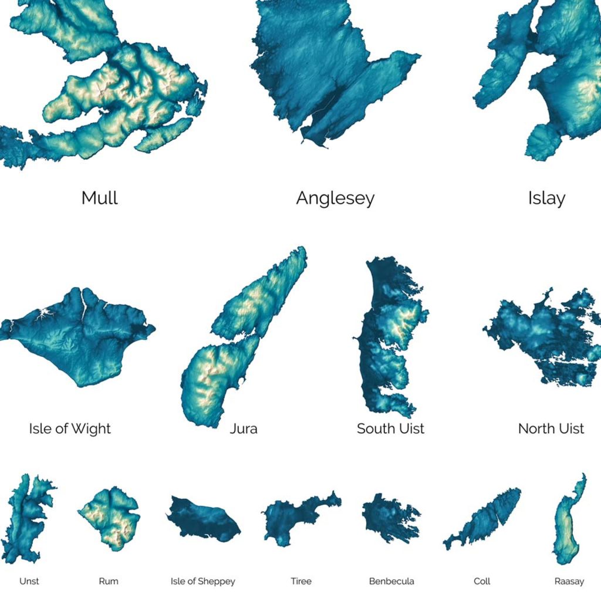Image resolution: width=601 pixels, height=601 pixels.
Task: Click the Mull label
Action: coord(100,198)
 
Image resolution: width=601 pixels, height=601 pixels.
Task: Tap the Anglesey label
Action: coord(335,198)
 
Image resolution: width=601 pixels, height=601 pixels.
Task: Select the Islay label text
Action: coord(546,198)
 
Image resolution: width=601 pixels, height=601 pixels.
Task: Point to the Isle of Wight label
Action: coord(70,428)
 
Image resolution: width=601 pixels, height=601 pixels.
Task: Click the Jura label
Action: coord(244,428)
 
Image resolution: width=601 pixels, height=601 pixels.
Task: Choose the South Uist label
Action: coord(390,428)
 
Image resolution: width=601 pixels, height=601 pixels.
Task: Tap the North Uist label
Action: coord(551,428)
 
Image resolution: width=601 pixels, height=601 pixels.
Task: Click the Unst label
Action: coord(29,581)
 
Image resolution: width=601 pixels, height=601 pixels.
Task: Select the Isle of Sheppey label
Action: coord(202,581)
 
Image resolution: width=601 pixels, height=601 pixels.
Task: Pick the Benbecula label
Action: coord(391,581)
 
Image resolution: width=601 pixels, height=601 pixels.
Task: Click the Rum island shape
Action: coord(110,518)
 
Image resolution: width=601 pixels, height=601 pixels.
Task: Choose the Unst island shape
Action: coord(26,516)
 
